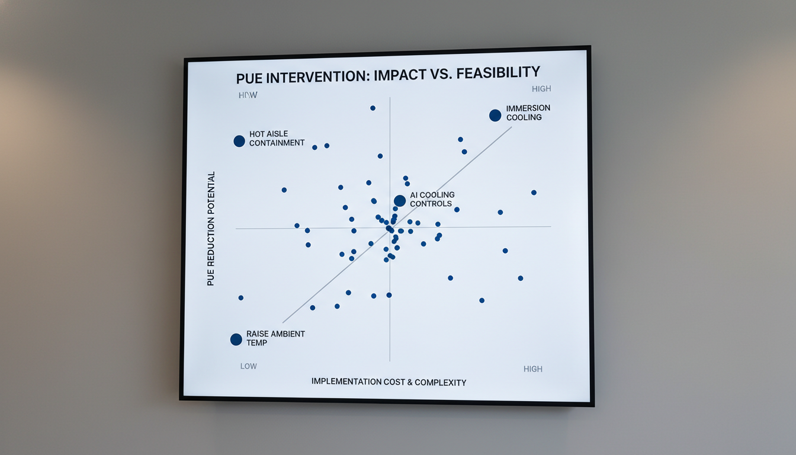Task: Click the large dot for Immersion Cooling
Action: pos(495,116)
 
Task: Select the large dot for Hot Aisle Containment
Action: pos(239,141)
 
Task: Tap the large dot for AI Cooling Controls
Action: pos(400,201)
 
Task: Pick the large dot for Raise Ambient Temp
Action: pos(236,339)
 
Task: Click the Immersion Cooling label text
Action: pos(528,113)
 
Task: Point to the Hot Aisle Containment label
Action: pos(277,139)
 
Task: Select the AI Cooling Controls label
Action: pos(432,199)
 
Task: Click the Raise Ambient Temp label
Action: pos(275,338)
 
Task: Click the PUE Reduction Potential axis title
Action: pos(211,229)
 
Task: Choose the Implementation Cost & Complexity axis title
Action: pos(389,382)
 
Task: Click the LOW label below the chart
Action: pos(249,366)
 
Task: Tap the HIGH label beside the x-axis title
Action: pos(533,369)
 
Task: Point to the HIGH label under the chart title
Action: pos(541,89)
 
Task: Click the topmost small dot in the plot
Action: pos(373,108)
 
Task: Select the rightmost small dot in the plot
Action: pos(534,193)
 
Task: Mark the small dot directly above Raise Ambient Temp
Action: pos(240,297)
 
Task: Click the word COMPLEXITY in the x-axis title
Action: pos(440,382)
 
